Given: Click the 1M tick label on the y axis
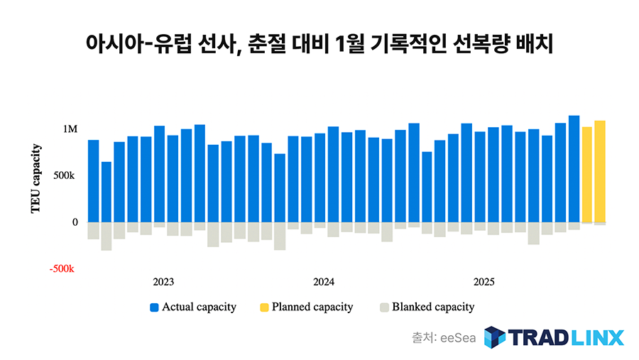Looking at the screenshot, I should click(x=70, y=129).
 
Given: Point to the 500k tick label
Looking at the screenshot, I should click(x=65, y=175).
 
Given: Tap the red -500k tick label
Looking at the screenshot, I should click(x=62, y=270).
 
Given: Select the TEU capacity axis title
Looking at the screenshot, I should click(x=36, y=179).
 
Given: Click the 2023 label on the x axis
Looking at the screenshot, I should click(x=163, y=282).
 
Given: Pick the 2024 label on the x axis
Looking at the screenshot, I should click(x=324, y=282).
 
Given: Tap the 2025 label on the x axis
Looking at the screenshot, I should click(x=484, y=282).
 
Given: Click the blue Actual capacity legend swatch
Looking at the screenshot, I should click(x=154, y=307).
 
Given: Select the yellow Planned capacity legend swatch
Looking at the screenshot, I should click(x=263, y=307).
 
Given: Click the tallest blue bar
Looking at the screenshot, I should click(x=574, y=169).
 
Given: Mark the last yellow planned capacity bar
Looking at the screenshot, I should click(x=600, y=172).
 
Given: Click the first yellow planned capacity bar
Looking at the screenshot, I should click(x=586, y=175).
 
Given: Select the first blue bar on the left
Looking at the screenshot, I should click(x=94, y=181).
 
